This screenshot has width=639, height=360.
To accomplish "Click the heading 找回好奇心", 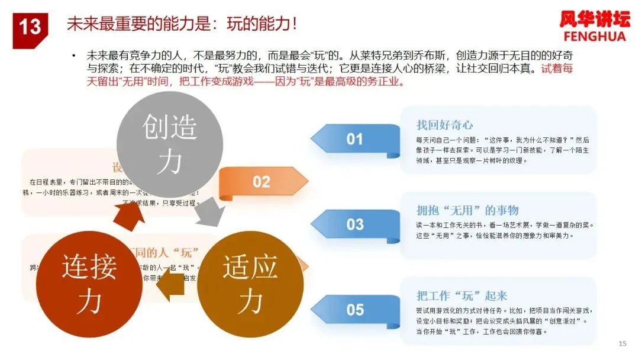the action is coord(444,125).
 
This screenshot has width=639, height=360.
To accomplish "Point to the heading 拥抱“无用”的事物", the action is coord(467,210).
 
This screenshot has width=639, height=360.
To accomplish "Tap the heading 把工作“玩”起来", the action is coord(461,295).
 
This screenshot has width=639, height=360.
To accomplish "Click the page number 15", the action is coord(622,343).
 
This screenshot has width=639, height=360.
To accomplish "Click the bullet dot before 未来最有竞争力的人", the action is coord(74,56).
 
